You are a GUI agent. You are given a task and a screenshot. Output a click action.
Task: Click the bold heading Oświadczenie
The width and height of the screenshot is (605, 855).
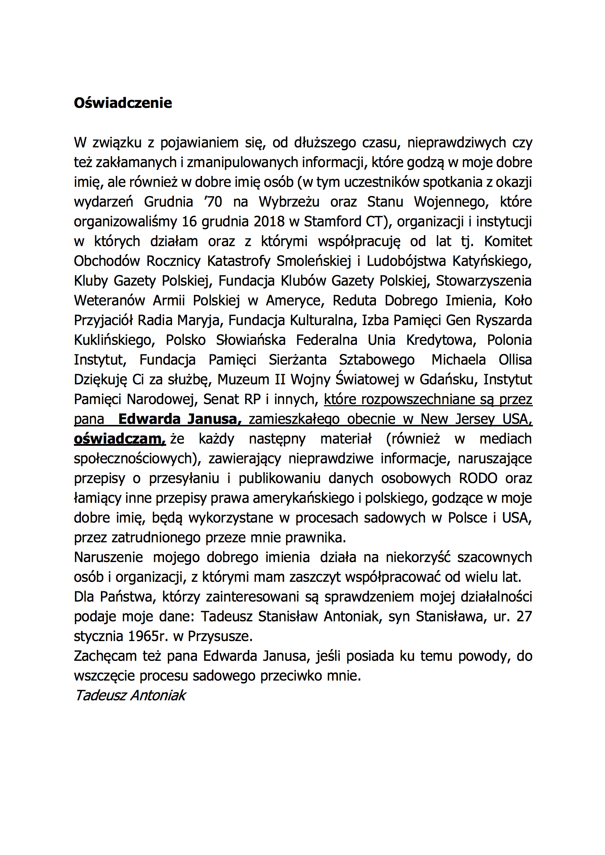point(123,103)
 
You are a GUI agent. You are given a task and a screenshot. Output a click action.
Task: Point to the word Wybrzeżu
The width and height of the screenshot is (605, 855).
point(289,202)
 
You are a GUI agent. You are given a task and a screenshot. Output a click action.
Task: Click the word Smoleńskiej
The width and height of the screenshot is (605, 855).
point(314,261)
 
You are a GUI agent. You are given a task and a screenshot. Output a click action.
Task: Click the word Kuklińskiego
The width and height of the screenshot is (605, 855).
point(114,340)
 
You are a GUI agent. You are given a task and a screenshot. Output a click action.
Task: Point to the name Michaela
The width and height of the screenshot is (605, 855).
point(458,360)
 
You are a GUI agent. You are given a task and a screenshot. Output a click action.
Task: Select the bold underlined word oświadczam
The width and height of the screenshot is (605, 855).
point(119,439)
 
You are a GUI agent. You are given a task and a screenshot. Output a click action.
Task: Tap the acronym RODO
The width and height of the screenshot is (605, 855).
point(478,478)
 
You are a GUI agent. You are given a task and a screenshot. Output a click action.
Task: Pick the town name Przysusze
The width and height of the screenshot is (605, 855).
point(220,636)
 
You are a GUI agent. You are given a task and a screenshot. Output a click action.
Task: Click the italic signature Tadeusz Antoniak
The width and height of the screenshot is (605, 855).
point(130,695)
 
